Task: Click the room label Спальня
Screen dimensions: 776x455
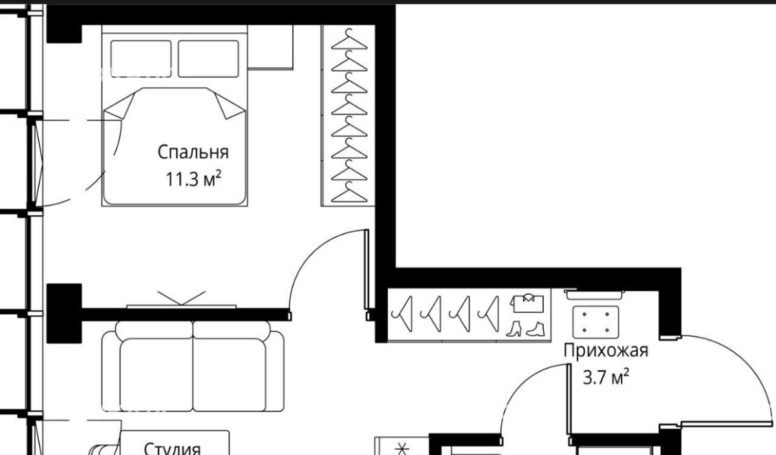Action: [193, 152]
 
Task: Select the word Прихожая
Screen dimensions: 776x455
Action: [605, 351]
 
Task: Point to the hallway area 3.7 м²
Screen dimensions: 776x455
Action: [606, 377]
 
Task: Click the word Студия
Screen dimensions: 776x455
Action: [172, 449]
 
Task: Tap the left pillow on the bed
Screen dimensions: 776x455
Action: [141, 59]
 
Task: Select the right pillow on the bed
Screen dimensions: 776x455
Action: [208, 59]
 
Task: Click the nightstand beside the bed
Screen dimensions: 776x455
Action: [270, 47]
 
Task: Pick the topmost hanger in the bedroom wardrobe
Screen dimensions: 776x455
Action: [349, 39]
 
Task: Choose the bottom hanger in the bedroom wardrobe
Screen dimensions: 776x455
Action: [349, 192]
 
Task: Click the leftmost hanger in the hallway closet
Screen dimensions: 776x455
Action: [402, 313]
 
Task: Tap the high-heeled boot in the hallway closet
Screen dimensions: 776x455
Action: [513, 329]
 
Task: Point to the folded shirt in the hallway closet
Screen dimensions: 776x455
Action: [527, 303]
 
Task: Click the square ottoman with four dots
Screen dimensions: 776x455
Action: [596, 322]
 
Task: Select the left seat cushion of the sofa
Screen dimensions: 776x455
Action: [156, 375]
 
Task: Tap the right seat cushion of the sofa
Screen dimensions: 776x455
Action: [230, 375]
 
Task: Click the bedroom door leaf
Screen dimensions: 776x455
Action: [367, 269]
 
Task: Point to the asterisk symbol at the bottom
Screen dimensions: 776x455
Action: [402, 449]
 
